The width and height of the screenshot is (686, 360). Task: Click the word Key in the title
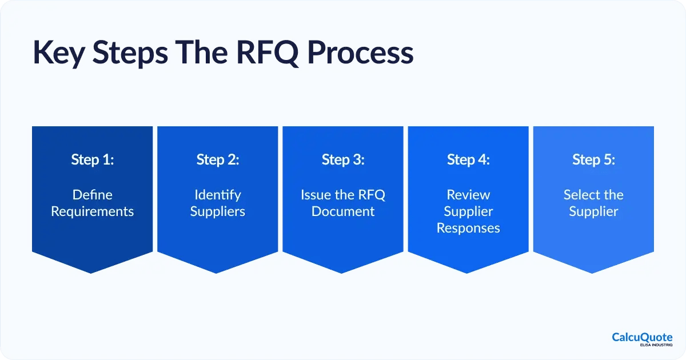pyautogui.click(x=57, y=53)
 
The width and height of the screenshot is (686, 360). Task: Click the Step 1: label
pyautogui.click(x=93, y=160)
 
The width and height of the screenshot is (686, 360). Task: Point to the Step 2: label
pyautogui.click(x=218, y=160)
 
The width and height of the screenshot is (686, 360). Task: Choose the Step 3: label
pyautogui.click(x=343, y=160)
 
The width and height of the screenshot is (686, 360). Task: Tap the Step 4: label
pyautogui.click(x=468, y=160)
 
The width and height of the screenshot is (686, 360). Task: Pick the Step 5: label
pyautogui.click(x=593, y=160)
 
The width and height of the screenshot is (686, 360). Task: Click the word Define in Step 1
pyautogui.click(x=92, y=195)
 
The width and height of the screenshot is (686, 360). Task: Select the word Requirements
pyautogui.click(x=93, y=211)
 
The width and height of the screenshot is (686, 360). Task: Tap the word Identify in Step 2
pyautogui.click(x=218, y=195)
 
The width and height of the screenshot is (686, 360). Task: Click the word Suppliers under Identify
pyautogui.click(x=218, y=211)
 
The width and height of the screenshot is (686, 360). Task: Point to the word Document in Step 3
pyautogui.click(x=343, y=211)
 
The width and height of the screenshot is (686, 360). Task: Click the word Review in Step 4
pyautogui.click(x=468, y=195)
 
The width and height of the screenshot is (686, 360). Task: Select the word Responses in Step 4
pyautogui.click(x=468, y=228)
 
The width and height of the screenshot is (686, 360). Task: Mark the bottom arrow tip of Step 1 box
pyautogui.click(x=93, y=272)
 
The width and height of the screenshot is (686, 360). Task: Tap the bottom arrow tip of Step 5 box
pyautogui.click(x=593, y=272)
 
